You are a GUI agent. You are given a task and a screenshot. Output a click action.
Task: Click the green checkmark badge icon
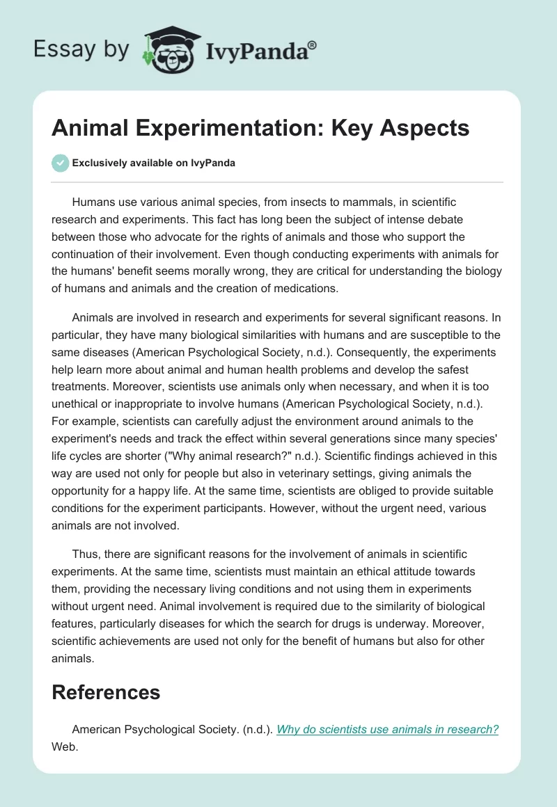(x=60, y=163)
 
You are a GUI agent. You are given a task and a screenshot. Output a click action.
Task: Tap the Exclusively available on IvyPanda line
(x=154, y=163)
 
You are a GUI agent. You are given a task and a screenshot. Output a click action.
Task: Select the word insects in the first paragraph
(x=298, y=202)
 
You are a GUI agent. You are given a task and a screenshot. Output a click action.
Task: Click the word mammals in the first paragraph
(x=356, y=202)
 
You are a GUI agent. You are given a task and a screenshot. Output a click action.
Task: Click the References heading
(x=106, y=692)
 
